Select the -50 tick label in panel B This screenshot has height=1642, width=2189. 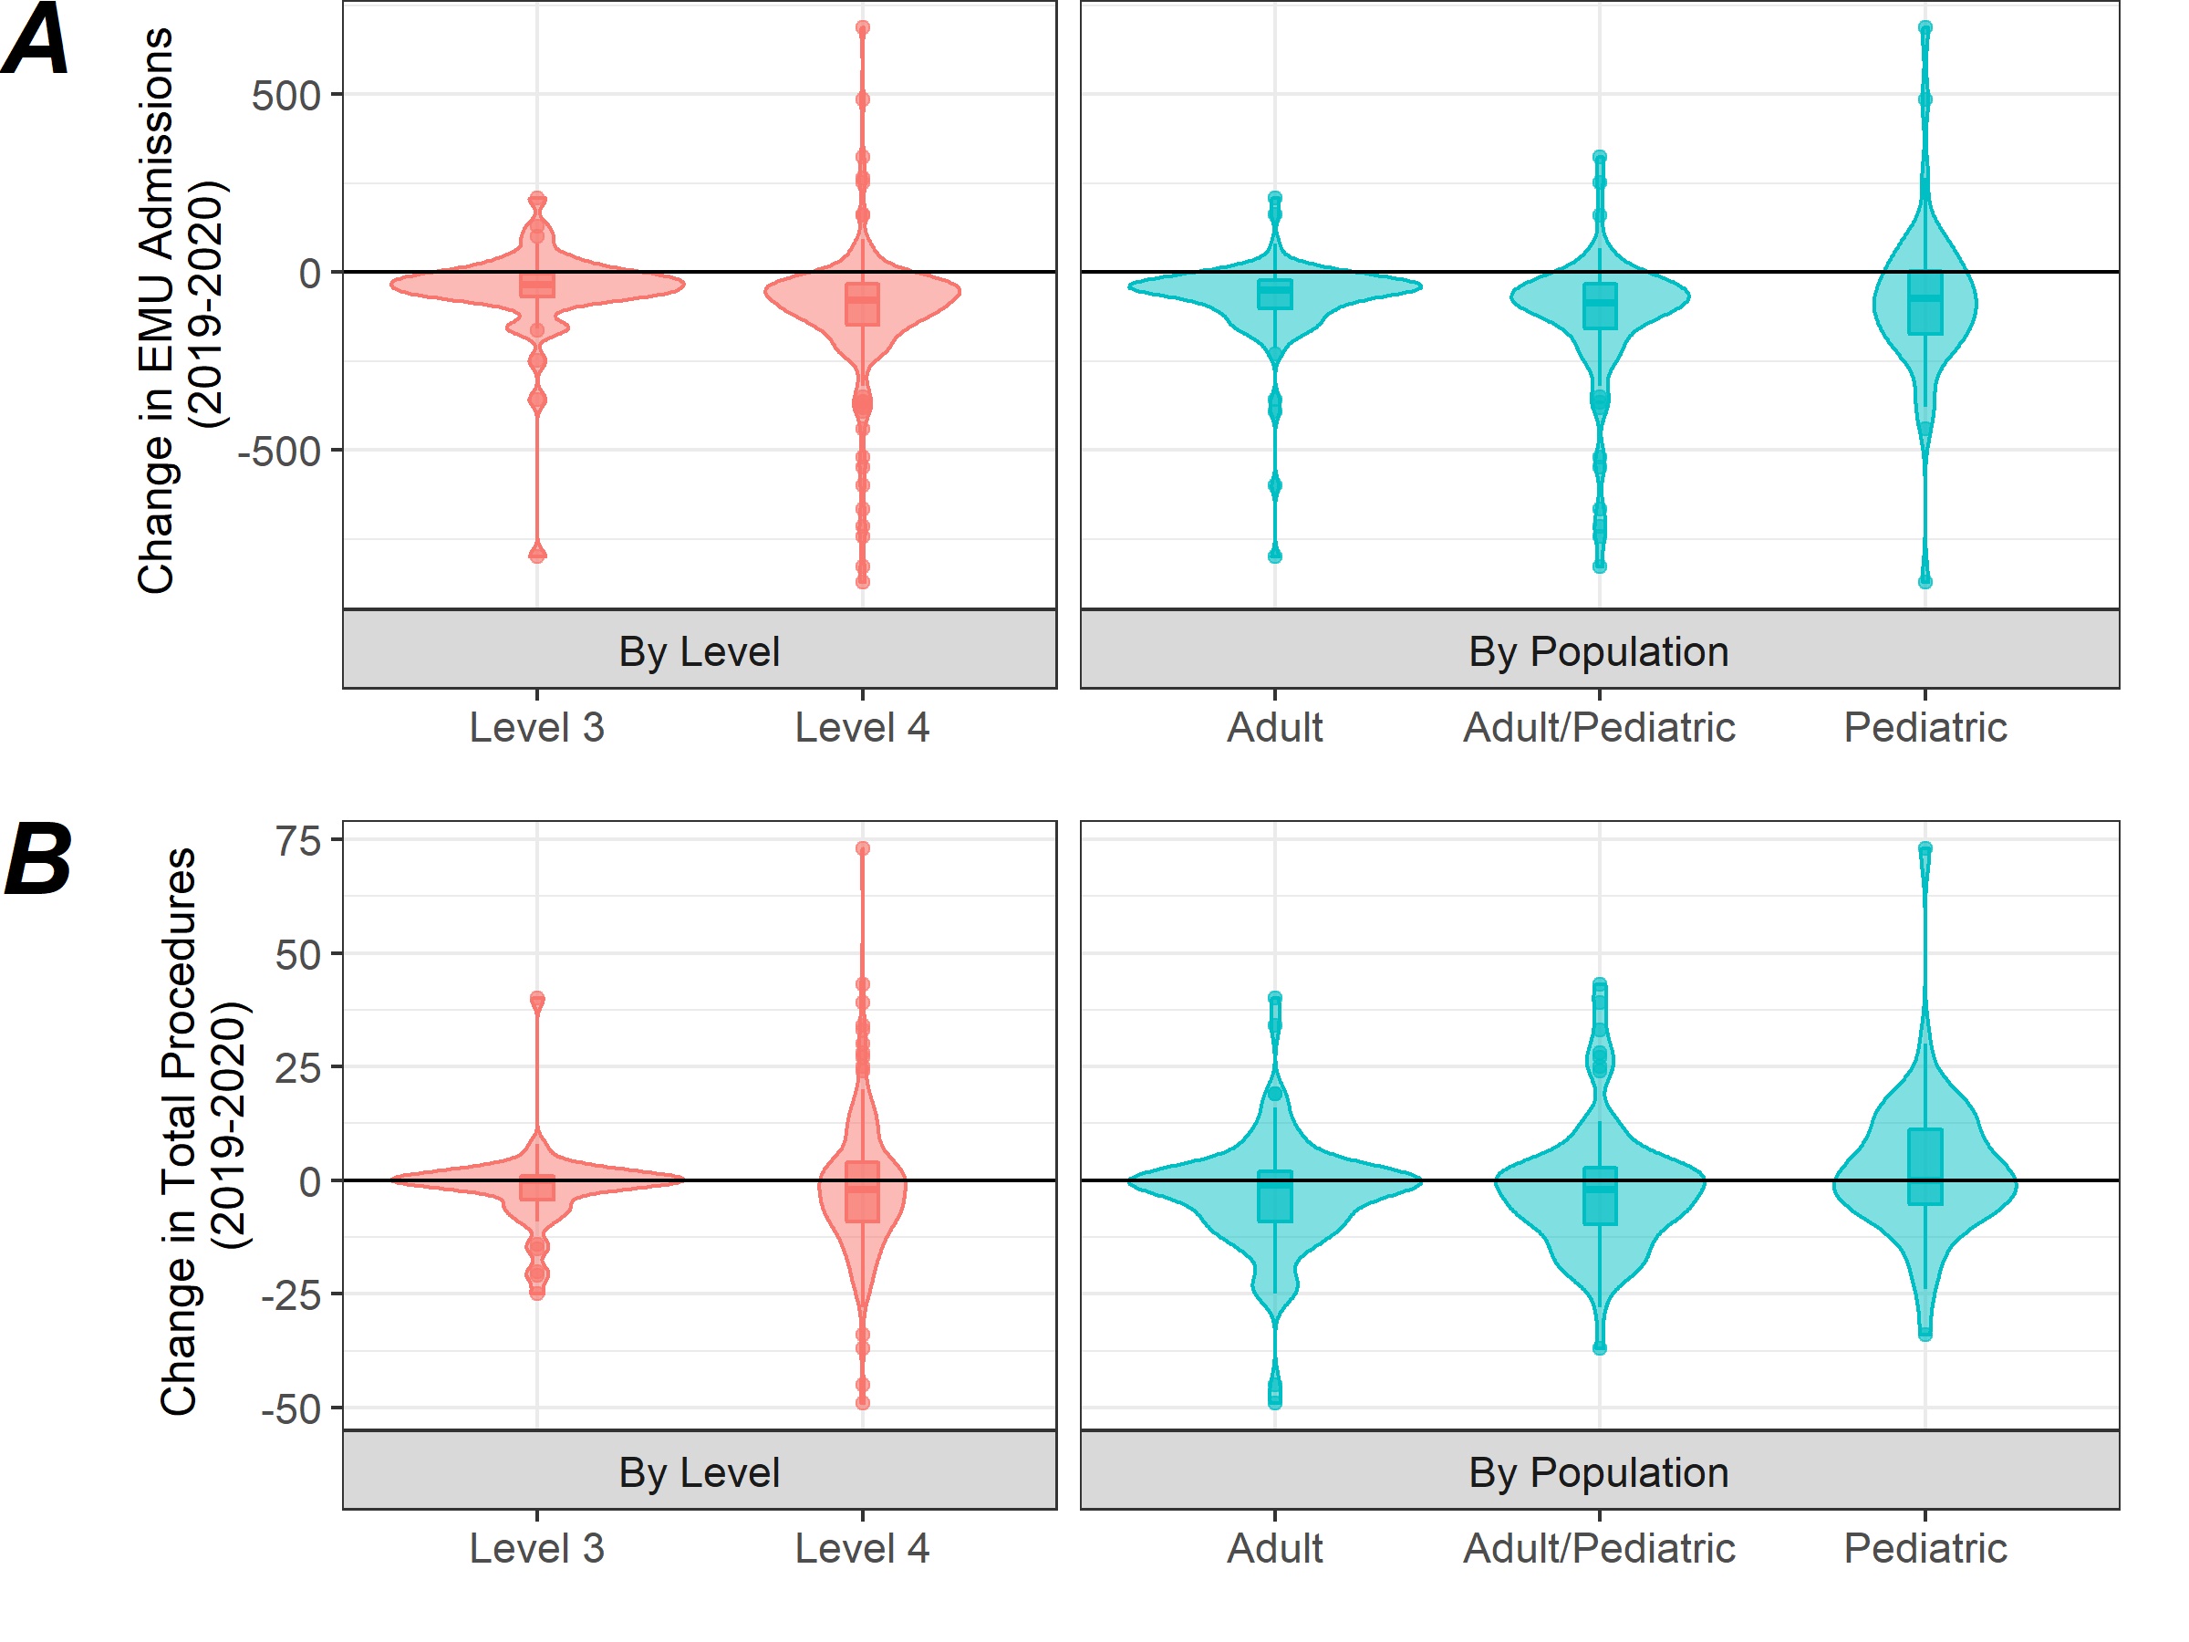pos(290,1408)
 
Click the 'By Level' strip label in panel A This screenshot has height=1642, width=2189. pos(699,651)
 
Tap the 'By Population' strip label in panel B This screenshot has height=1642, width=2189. pos(1598,1471)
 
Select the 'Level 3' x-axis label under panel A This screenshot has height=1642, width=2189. pos(536,727)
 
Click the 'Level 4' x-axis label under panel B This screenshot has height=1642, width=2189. pos(862,1548)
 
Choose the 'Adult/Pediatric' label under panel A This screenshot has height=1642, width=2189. pos(1598,727)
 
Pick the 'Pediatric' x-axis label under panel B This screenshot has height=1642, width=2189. pos(1924,1548)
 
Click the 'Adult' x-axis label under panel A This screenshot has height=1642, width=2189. pos(1274,727)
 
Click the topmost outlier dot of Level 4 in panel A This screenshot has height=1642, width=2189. pos(863,27)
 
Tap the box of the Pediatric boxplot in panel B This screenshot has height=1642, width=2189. pos(1924,1166)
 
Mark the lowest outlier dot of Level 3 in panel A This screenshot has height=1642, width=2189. pos(537,555)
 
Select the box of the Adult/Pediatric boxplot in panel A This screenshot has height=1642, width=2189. pos(1599,306)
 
